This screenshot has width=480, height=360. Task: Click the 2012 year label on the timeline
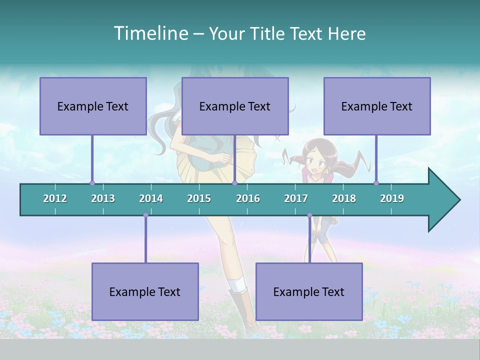[x=55, y=198]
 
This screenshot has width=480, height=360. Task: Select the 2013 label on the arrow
[x=103, y=198]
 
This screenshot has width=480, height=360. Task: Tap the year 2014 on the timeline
[x=151, y=198]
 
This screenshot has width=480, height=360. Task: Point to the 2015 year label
[x=199, y=198]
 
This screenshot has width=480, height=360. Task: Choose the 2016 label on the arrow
[x=248, y=198]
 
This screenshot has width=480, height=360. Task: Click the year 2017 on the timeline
[x=296, y=198]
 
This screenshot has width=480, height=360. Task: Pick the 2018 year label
[x=344, y=198]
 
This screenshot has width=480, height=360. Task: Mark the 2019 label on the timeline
[x=392, y=198]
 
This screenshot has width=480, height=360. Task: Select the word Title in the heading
[x=270, y=33]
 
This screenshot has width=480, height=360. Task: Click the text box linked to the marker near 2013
[x=93, y=106]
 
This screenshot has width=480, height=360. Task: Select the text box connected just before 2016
[x=235, y=106]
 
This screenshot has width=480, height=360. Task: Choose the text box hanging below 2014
[x=145, y=291]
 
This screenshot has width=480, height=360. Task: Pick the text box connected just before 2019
[x=377, y=106]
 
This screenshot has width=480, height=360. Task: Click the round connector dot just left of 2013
[x=92, y=183]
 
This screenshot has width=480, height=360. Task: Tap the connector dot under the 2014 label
[x=145, y=215]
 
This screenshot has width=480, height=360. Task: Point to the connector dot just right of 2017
[x=309, y=215]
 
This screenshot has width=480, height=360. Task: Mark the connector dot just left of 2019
[x=376, y=183]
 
